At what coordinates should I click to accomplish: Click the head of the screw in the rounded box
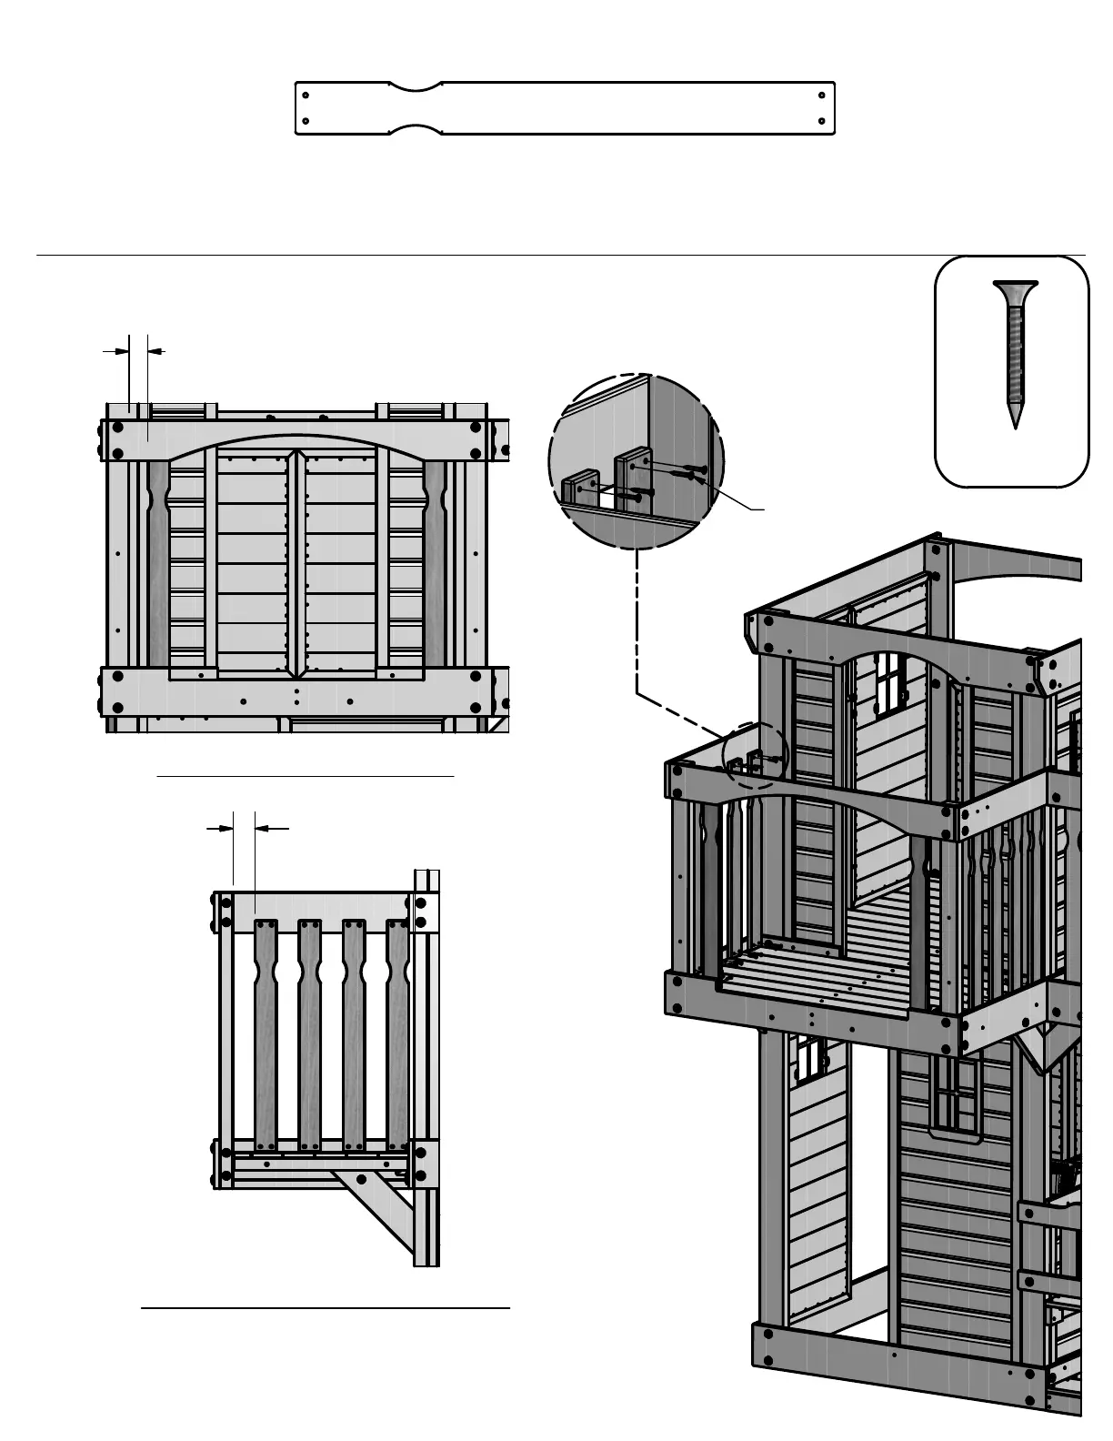(x=1015, y=291)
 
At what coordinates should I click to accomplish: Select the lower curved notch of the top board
(x=416, y=128)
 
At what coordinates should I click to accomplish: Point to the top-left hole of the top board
(x=306, y=96)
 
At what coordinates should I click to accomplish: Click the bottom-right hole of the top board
(x=822, y=120)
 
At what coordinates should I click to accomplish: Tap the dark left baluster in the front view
(x=158, y=564)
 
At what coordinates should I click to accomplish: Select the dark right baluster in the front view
(x=435, y=564)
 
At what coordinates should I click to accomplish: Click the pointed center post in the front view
(x=295, y=564)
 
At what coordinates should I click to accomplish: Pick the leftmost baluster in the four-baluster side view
(x=266, y=1033)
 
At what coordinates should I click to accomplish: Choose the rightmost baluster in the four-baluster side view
(x=397, y=1033)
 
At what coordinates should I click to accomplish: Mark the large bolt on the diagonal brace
(x=361, y=1180)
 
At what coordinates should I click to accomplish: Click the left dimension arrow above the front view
(x=115, y=350)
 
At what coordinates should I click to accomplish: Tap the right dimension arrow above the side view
(x=272, y=829)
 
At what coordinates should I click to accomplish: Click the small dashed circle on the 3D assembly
(x=755, y=755)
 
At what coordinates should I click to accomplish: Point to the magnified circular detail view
(x=637, y=461)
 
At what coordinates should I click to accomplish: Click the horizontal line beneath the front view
(x=306, y=777)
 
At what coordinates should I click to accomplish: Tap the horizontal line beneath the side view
(x=326, y=1308)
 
